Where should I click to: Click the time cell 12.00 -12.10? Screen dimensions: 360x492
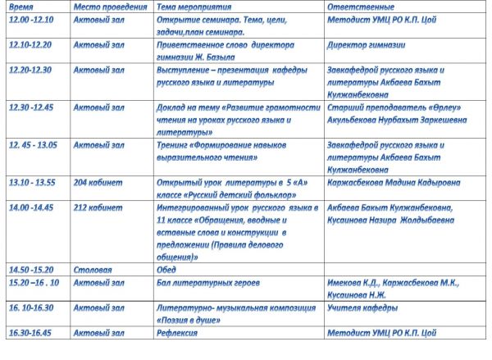click(30, 18)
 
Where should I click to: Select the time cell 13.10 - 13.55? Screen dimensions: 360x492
click(32, 181)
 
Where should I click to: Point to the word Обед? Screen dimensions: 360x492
click(166, 269)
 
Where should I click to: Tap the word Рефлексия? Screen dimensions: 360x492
click(177, 332)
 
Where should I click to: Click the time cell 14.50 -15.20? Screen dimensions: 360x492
click(30, 269)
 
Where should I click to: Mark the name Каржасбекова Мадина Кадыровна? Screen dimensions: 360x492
click(393, 181)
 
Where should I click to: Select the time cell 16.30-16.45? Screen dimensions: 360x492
click(30, 332)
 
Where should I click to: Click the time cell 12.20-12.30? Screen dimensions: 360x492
click(30, 70)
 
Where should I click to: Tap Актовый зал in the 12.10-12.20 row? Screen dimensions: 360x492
click(98, 47)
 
